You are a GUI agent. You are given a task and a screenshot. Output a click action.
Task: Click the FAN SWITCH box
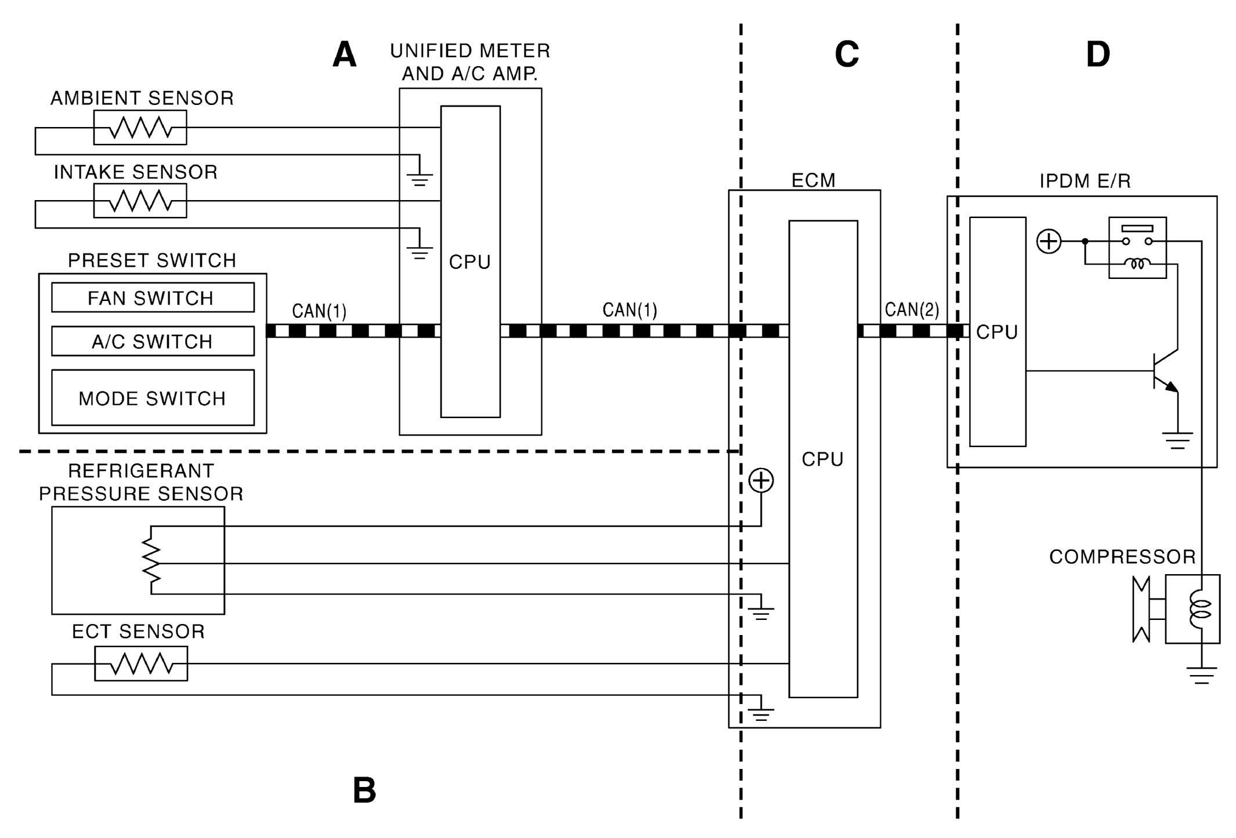click(x=153, y=298)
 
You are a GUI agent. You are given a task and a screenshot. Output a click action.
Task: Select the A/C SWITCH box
click(x=153, y=341)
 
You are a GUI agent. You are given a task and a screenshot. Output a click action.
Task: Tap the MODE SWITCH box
click(x=153, y=398)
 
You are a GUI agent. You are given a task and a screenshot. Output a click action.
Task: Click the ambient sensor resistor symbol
click(x=140, y=128)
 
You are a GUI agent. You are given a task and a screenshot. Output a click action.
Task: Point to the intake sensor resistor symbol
click(x=140, y=201)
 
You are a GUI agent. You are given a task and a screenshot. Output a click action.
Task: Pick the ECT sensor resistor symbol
click(x=141, y=663)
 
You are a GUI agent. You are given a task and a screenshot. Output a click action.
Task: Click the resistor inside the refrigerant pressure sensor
click(x=151, y=560)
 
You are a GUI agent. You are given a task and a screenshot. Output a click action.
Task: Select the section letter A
click(x=344, y=55)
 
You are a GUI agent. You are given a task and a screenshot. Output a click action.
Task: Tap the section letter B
click(x=364, y=790)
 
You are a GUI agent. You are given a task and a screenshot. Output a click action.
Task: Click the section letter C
click(x=847, y=55)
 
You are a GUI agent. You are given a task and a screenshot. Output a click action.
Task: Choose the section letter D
click(x=1097, y=55)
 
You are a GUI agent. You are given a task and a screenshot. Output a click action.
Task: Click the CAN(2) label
click(x=912, y=310)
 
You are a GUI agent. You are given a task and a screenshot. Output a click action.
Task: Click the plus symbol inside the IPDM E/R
click(x=1049, y=241)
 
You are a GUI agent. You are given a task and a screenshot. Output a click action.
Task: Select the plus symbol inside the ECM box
click(x=761, y=480)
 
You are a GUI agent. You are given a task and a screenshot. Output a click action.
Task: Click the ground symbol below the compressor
click(x=1201, y=675)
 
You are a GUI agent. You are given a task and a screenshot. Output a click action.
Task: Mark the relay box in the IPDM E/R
click(x=1137, y=248)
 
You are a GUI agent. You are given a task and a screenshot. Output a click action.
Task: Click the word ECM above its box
click(x=814, y=180)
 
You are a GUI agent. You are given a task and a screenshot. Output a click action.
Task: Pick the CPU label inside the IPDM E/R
click(x=997, y=332)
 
